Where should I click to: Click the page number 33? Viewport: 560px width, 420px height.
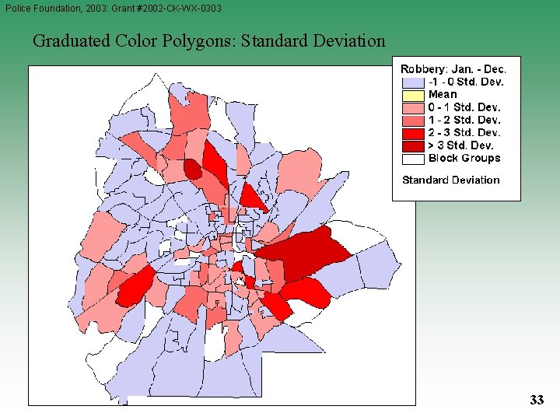pyautogui.click(x=537, y=400)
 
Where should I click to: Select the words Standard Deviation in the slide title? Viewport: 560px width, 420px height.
pyautogui.click(x=313, y=40)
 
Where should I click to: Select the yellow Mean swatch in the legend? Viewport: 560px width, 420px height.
pyautogui.click(x=413, y=94)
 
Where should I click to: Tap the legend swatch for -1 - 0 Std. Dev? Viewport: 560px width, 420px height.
pyautogui.click(x=413, y=82)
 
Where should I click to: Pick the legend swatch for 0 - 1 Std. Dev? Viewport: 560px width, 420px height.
pyautogui.click(x=413, y=107)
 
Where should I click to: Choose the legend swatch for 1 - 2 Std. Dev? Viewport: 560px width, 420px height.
pyautogui.click(x=413, y=120)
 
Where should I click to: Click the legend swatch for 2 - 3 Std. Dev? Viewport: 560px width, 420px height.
pyautogui.click(x=413, y=132)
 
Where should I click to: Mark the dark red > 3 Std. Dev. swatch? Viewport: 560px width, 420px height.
pyautogui.click(x=413, y=145)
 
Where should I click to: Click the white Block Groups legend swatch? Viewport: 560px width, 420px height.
pyautogui.click(x=413, y=158)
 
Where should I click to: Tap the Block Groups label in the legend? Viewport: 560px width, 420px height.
pyautogui.click(x=464, y=158)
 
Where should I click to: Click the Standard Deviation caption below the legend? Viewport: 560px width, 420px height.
pyautogui.click(x=450, y=180)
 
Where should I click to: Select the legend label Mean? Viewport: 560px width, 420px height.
pyautogui.click(x=443, y=94)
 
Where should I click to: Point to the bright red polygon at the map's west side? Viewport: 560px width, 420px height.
pyautogui.click(x=135, y=287)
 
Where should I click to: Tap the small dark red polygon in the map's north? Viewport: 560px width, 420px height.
pyautogui.click(x=192, y=169)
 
